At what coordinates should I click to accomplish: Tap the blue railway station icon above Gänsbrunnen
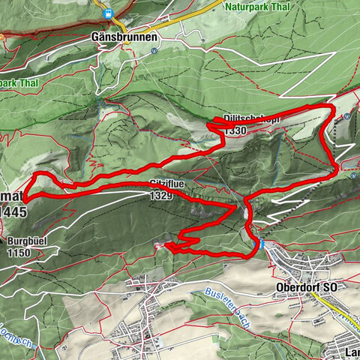point(109,13)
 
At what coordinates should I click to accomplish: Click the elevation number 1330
point(235,130)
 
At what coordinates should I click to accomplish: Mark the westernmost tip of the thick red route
point(25,199)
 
